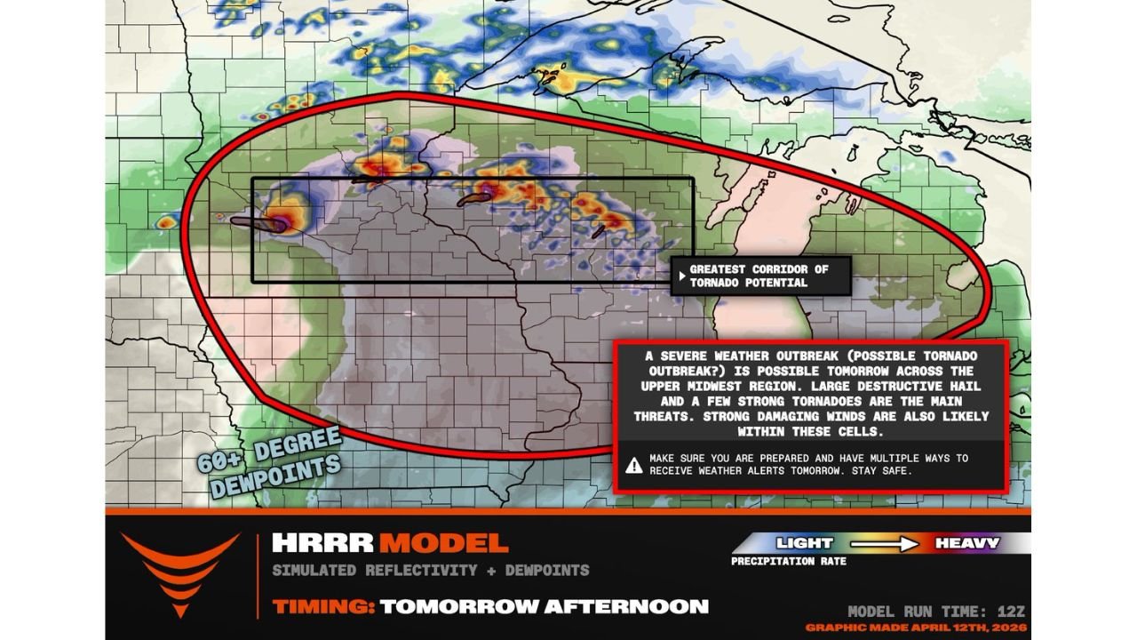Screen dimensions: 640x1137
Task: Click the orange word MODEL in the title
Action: click(443, 543)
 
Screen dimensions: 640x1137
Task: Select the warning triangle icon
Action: click(634, 464)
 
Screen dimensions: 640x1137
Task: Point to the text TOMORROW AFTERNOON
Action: click(544, 607)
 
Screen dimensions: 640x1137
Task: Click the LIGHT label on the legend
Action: click(805, 542)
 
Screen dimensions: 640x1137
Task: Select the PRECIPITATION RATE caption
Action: click(788, 562)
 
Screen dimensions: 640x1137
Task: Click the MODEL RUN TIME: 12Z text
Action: click(936, 612)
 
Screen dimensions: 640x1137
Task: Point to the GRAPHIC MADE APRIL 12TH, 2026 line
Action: click(916, 628)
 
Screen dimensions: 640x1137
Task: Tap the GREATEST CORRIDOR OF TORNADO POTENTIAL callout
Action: click(759, 276)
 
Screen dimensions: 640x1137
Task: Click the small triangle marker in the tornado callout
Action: click(681, 276)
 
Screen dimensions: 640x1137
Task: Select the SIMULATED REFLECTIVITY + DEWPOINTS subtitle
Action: click(430, 570)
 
